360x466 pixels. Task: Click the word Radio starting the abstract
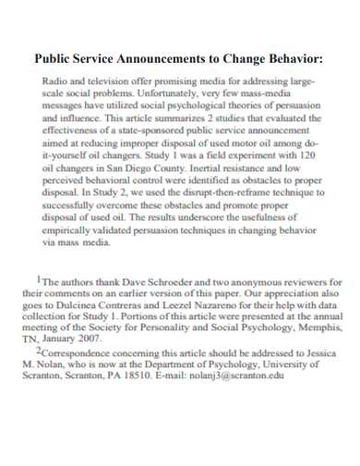tap(58, 82)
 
